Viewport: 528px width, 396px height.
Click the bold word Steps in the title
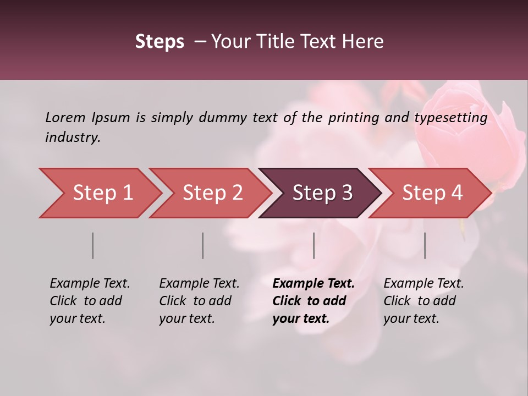(159, 42)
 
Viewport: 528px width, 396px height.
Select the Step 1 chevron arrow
(102, 193)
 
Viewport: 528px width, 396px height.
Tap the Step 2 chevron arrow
(212, 193)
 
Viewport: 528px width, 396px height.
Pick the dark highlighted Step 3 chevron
(322, 193)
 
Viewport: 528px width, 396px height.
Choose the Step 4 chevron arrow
(432, 193)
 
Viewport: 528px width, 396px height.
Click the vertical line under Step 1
(92, 245)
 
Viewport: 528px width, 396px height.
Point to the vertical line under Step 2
(202, 245)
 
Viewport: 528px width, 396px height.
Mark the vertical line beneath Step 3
(313, 245)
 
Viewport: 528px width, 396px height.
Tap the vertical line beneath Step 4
(425, 245)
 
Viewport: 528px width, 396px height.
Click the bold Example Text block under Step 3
(313, 301)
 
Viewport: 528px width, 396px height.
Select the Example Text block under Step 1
(90, 301)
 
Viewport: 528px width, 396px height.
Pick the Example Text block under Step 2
(199, 301)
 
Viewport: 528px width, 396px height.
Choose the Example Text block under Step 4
(424, 301)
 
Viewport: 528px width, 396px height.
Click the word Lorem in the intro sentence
(65, 117)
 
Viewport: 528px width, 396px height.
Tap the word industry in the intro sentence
(73, 137)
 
